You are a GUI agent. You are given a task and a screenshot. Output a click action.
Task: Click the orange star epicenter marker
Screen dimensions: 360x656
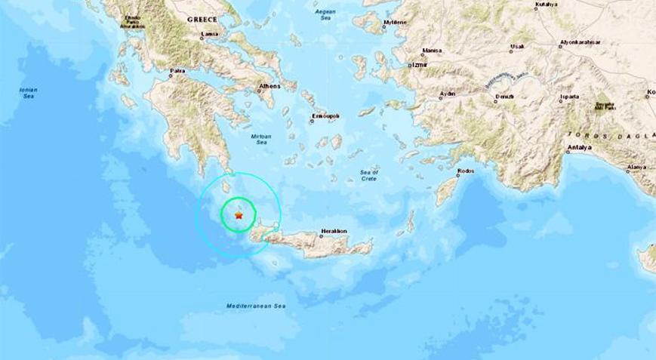pyautogui.click(x=239, y=215)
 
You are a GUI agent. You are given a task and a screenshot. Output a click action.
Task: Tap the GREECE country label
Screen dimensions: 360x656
pyautogui.click(x=202, y=20)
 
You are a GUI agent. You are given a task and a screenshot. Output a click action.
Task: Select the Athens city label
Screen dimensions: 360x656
pyautogui.click(x=269, y=86)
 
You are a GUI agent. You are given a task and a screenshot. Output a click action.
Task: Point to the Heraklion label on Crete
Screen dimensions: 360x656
pyautogui.click(x=333, y=230)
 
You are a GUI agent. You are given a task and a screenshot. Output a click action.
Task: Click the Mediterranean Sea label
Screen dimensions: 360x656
pyautogui.click(x=257, y=306)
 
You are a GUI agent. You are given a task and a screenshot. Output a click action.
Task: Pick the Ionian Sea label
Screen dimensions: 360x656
pyautogui.click(x=28, y=93)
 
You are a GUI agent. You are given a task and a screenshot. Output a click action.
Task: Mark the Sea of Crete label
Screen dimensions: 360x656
pyautogui.click(x=369, y=176)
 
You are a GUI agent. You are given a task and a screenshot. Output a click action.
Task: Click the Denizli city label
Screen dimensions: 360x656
pyautogui.click(x=505, y=97)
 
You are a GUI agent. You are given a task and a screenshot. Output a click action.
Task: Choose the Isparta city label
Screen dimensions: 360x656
pyautogui.click(x=570, y=97)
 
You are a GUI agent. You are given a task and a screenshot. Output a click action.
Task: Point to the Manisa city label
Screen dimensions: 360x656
pyautogui.click(x=433, y=51)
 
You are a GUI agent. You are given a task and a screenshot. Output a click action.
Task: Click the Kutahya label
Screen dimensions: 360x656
pyautogui.click(x=546, y=5)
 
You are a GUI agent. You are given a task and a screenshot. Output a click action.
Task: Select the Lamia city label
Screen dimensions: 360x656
pyautogui.click(x=211, y=34)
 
